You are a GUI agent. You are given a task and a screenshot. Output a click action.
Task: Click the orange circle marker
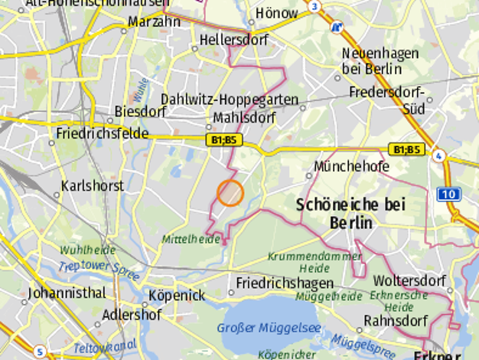230,193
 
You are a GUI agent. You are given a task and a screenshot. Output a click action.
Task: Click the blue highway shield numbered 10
448,195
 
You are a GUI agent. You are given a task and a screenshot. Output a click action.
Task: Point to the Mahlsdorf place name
244,118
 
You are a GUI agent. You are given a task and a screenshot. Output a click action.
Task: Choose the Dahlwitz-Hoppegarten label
218,100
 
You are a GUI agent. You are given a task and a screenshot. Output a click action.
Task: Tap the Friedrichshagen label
285,283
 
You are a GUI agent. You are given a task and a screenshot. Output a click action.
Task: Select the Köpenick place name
177,296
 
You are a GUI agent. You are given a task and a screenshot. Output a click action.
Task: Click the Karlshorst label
92,185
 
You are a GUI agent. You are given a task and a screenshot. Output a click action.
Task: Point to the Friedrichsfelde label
101,133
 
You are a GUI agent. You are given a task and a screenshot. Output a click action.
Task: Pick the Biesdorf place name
140,112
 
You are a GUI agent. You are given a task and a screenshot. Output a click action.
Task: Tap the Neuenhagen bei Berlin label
380,61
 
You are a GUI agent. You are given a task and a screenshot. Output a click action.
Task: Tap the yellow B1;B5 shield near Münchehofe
406,149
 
